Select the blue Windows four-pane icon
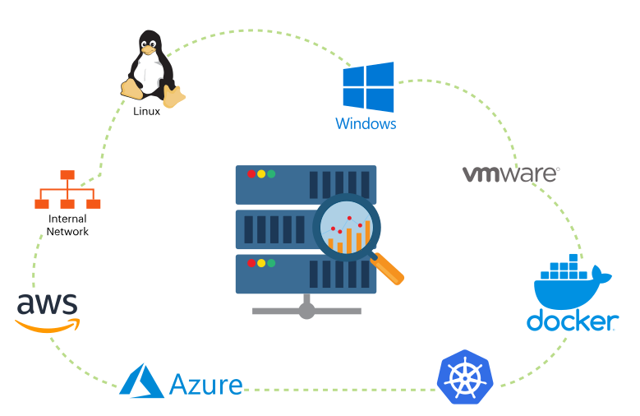tap(368, 87)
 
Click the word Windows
tap(366, 124)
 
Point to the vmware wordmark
tap(510, 173)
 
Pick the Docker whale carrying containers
tap(570, 284)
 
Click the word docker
tap(572, 321)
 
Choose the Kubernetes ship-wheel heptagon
tap(465, 377)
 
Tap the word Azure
tap(205, 385)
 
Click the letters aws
tap(47, 304)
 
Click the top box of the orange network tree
tap(67, 175)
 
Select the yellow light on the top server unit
tap(261, 173)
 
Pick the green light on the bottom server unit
tap(271, 263)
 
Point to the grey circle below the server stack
tap(306, 311)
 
